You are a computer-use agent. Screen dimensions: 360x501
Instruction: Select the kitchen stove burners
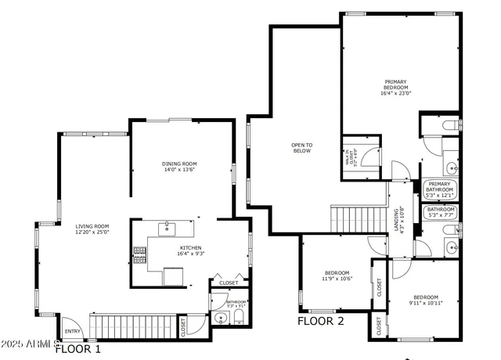140,254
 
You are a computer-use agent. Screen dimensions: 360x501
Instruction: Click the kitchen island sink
167,229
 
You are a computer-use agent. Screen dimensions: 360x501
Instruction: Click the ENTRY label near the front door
72,331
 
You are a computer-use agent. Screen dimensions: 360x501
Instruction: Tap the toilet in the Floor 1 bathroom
239,318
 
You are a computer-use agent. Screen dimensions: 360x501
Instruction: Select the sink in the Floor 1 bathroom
222,319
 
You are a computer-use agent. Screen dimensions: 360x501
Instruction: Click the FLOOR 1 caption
77,349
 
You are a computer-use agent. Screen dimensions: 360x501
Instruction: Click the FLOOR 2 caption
320,321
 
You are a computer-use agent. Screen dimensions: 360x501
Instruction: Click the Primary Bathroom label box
439,189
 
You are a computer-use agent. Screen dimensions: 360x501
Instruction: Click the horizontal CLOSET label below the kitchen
229,283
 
